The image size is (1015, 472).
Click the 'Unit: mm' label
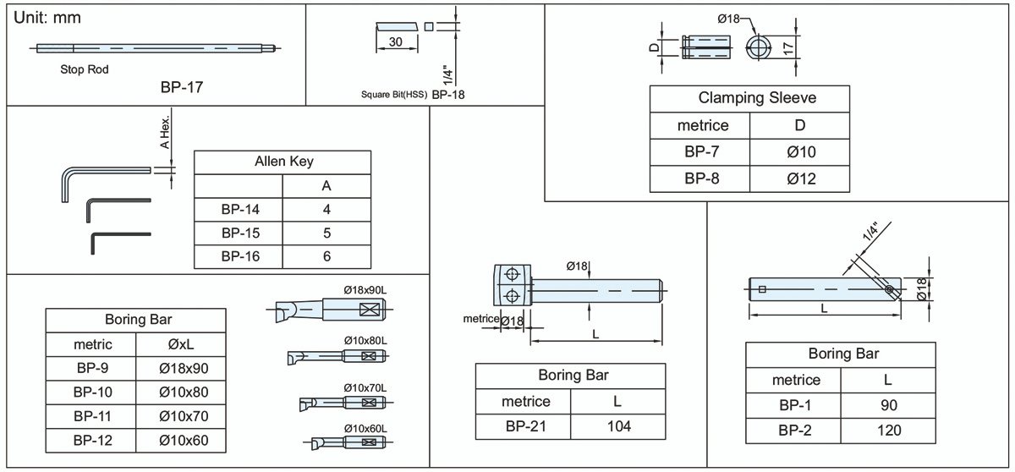[x=49, y=18]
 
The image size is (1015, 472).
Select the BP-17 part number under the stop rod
[x=181, y=87]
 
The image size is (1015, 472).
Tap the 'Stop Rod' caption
[x=85, y=69]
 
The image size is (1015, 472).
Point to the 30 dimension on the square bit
[x=396, y=42]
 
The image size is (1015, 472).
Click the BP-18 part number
[x=448, y=95]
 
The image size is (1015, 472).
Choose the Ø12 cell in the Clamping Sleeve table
[x=800, y=178]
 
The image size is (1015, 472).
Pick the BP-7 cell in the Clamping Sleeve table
[x=702, y=152]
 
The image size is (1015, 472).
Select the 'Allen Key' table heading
[x=283, y=162]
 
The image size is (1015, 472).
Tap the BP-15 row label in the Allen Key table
[x=240, y=233]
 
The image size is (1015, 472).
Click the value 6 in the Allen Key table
[x=326, y=256]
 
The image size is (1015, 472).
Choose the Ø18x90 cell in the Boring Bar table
[x=183, y=368]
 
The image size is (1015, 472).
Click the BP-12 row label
[x=92, y=440]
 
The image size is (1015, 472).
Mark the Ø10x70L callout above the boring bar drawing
[x=365, y=387]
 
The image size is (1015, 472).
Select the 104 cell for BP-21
[x=619, y=425]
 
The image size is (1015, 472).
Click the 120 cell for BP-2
[x=888, y=431]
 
